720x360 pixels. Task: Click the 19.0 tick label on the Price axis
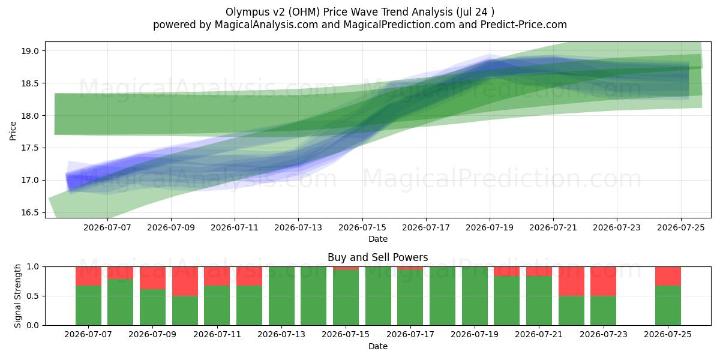click(30, 51)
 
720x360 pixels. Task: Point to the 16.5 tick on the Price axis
click(30, 213)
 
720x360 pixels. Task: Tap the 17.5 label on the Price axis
click(30, 148)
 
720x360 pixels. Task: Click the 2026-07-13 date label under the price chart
click(298, 227)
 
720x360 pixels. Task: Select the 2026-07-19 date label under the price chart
click(490, 227)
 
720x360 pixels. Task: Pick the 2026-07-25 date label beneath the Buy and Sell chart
click(668, 334)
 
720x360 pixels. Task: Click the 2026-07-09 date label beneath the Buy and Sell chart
click(152, 334)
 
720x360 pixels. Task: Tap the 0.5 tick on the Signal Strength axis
click(32, 296)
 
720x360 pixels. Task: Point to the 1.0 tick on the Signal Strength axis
click(32, 267)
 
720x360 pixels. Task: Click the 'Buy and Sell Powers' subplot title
click(377, 257)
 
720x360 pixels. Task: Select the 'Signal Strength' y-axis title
click(17, 296)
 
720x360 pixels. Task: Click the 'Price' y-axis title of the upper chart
click(13, 131)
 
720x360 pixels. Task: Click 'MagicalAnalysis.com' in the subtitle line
click(266, 25)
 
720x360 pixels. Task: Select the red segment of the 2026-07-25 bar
click(668, 276)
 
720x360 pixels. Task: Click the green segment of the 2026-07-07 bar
click(88, 305)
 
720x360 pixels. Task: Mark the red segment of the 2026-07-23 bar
click(604, 281)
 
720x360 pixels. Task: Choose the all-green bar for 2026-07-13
click(281, 296)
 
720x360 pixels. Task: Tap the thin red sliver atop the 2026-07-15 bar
click(346, 268)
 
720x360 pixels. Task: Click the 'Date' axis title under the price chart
click(377, 239)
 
